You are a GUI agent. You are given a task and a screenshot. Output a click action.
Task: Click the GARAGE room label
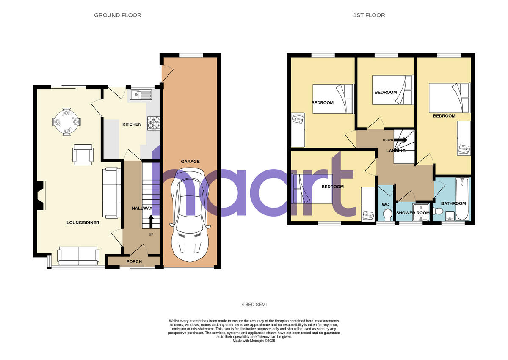[x=190, y=162]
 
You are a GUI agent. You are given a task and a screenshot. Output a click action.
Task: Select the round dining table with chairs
[x=66, y=122]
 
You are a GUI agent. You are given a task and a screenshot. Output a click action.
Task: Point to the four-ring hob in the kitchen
[x=153, y=123]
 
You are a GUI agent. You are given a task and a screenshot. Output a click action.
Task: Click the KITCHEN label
[x=132, y=124]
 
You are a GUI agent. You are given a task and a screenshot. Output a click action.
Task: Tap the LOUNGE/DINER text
[x=83, y=223]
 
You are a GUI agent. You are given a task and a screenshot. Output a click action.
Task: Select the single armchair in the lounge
[x=83, y=154]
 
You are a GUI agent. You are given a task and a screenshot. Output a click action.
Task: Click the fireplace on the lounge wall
[x=40, y=195]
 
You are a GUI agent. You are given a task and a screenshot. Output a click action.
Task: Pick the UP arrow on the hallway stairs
[x=151, y=221]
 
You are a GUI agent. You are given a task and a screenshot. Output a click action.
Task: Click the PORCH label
[x=134, y=261]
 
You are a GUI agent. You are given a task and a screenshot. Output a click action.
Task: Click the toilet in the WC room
[x=387, y=216]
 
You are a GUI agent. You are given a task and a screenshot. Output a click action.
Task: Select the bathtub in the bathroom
[x=462, y=199]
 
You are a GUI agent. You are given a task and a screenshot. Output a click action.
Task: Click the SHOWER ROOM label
[x=413, y=213]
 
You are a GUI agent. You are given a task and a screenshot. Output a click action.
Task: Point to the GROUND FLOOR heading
[x=118, y=15]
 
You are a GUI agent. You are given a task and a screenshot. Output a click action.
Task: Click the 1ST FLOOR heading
[x=369, y=15]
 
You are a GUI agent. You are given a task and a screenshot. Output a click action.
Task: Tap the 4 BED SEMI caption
[x=254, y=305]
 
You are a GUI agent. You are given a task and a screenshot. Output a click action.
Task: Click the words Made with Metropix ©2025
[x=254, y=341]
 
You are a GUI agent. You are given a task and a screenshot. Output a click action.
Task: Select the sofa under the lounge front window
[x=78, y=256]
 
